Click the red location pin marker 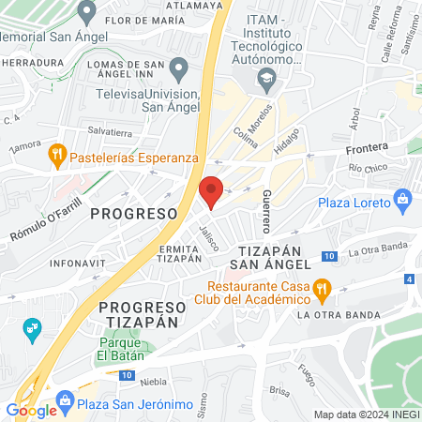point(212,190)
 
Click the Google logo point(31,410)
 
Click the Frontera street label point(366,149)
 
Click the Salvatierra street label point(107,132)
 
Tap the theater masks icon point(32,327)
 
